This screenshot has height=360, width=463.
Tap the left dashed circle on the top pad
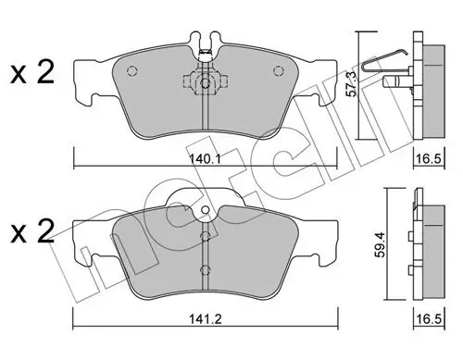pos(131,71)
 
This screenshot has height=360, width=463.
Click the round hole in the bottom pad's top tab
pos(205,211)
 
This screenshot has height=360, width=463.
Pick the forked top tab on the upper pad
pos(205,45)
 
